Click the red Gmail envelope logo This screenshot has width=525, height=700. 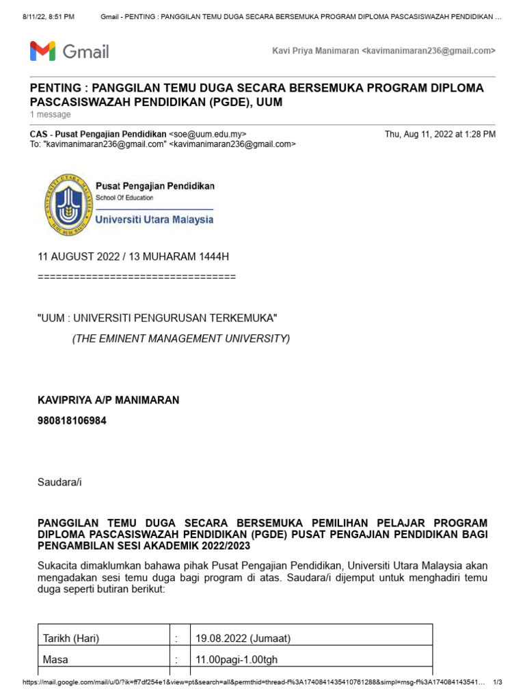click(x=42, y=51)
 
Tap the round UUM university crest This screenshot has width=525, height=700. click(x=67, y=204)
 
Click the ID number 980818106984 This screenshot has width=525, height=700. click(x=72, y=420)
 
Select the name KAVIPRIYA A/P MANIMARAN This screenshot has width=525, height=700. click(x=108, y=400)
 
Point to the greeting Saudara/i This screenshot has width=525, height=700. click(x=59, y=482)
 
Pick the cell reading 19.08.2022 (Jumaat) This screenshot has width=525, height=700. click(x=243, y=638)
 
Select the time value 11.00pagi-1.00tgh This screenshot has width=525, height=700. click(x=237, y=660)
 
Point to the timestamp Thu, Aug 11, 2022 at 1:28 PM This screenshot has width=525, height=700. click(x=440, y=135)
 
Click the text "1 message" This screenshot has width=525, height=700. click(x=50, y=115)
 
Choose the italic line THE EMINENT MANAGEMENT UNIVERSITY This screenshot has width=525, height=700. click(x=181, y=338)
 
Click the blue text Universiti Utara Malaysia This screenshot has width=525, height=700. click(x=154, y=219)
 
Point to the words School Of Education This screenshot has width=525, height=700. click(x=124, y=198)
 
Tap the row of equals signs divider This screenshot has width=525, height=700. click(x=136, y=277)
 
